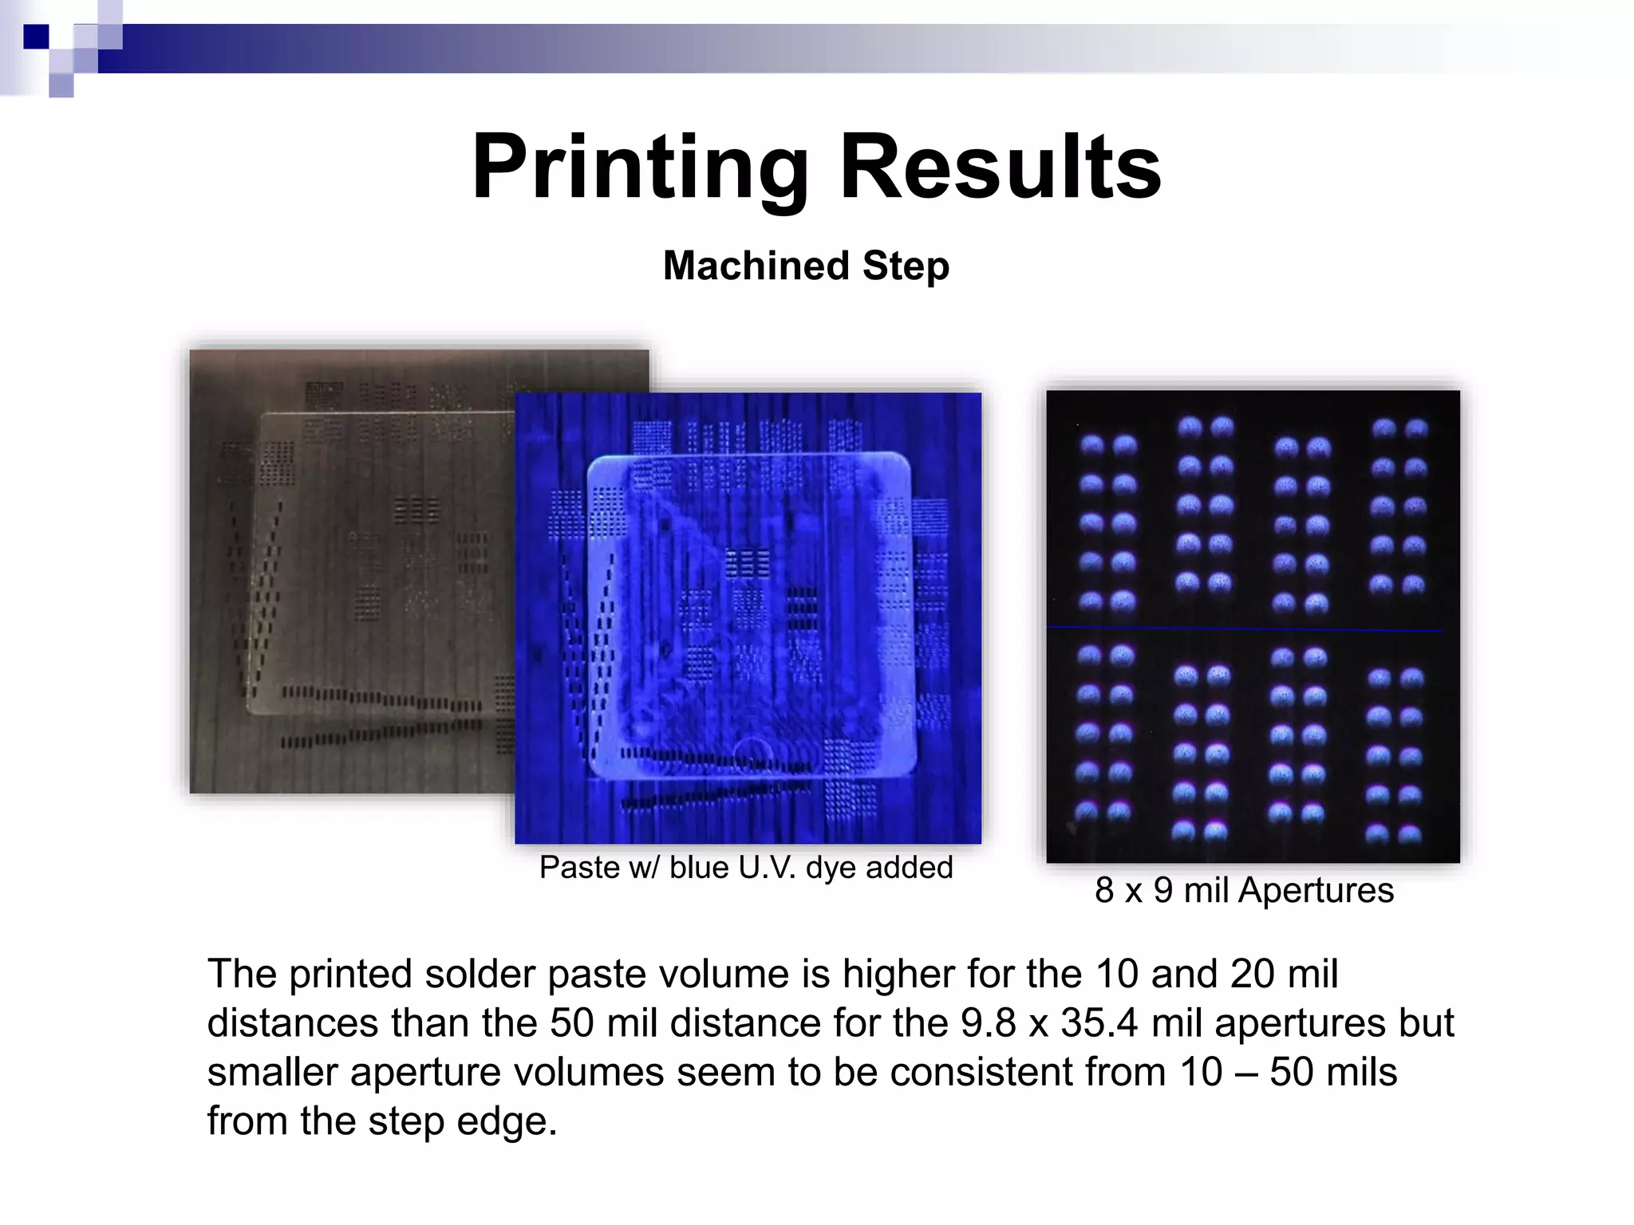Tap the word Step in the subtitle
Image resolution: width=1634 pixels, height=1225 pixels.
(x=906, y=267)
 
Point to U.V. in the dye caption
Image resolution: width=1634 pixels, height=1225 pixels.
(x=767, y=868)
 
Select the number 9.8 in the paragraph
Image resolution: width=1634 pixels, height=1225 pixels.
(x=988, y=1023)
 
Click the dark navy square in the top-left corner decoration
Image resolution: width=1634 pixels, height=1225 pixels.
(x=36, y=37)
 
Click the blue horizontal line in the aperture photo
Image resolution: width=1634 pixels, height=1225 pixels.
(x=1245, y=629)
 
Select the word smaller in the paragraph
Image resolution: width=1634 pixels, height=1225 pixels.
(x=272, y=1073)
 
